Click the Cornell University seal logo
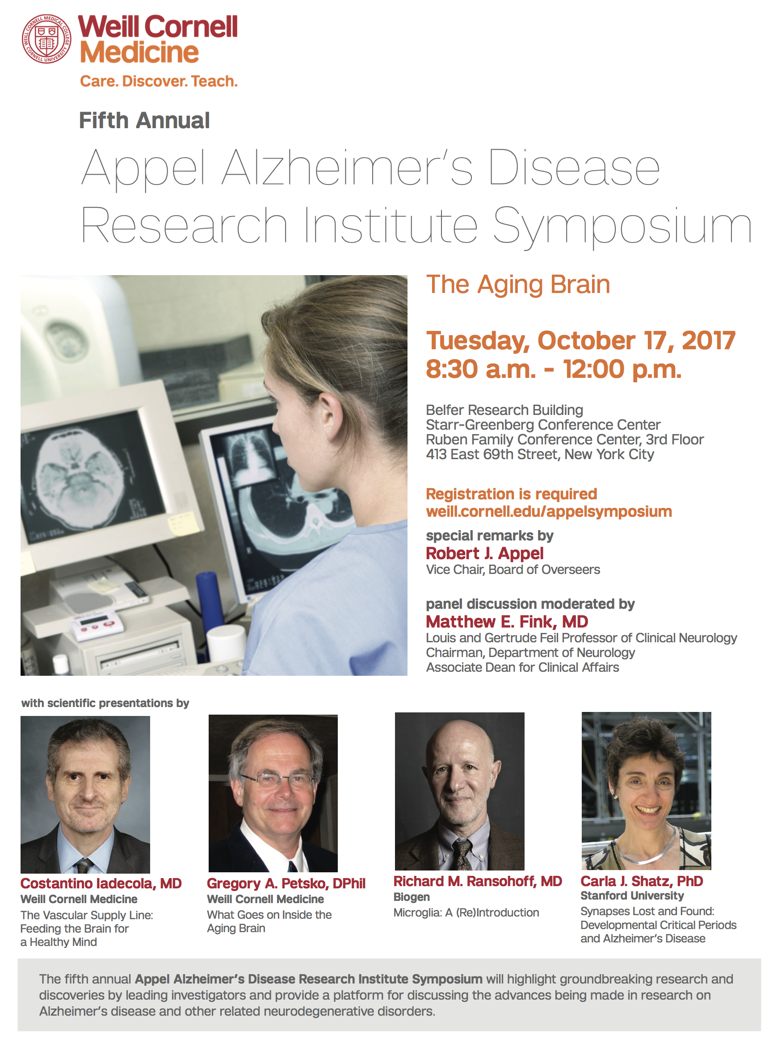click(46, 38)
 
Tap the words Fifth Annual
click(144, 120)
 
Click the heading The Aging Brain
click(518, 285)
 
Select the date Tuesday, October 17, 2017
click(581, 340)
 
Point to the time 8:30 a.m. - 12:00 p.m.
click(554, 369)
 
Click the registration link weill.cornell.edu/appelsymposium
click(549, 511)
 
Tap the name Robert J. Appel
click(485, 553)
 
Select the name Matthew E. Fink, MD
click(507, 622)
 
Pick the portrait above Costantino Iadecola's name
click(85, 794)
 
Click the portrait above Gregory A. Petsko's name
click(273, 793)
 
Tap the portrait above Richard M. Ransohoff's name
click(459, 791)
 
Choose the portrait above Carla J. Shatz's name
click(646, 791)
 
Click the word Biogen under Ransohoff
click(412, 897)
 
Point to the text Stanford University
click(632, 896)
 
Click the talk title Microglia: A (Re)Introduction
click(466, 912)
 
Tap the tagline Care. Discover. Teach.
click(159, 81)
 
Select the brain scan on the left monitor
click(80, 477)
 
